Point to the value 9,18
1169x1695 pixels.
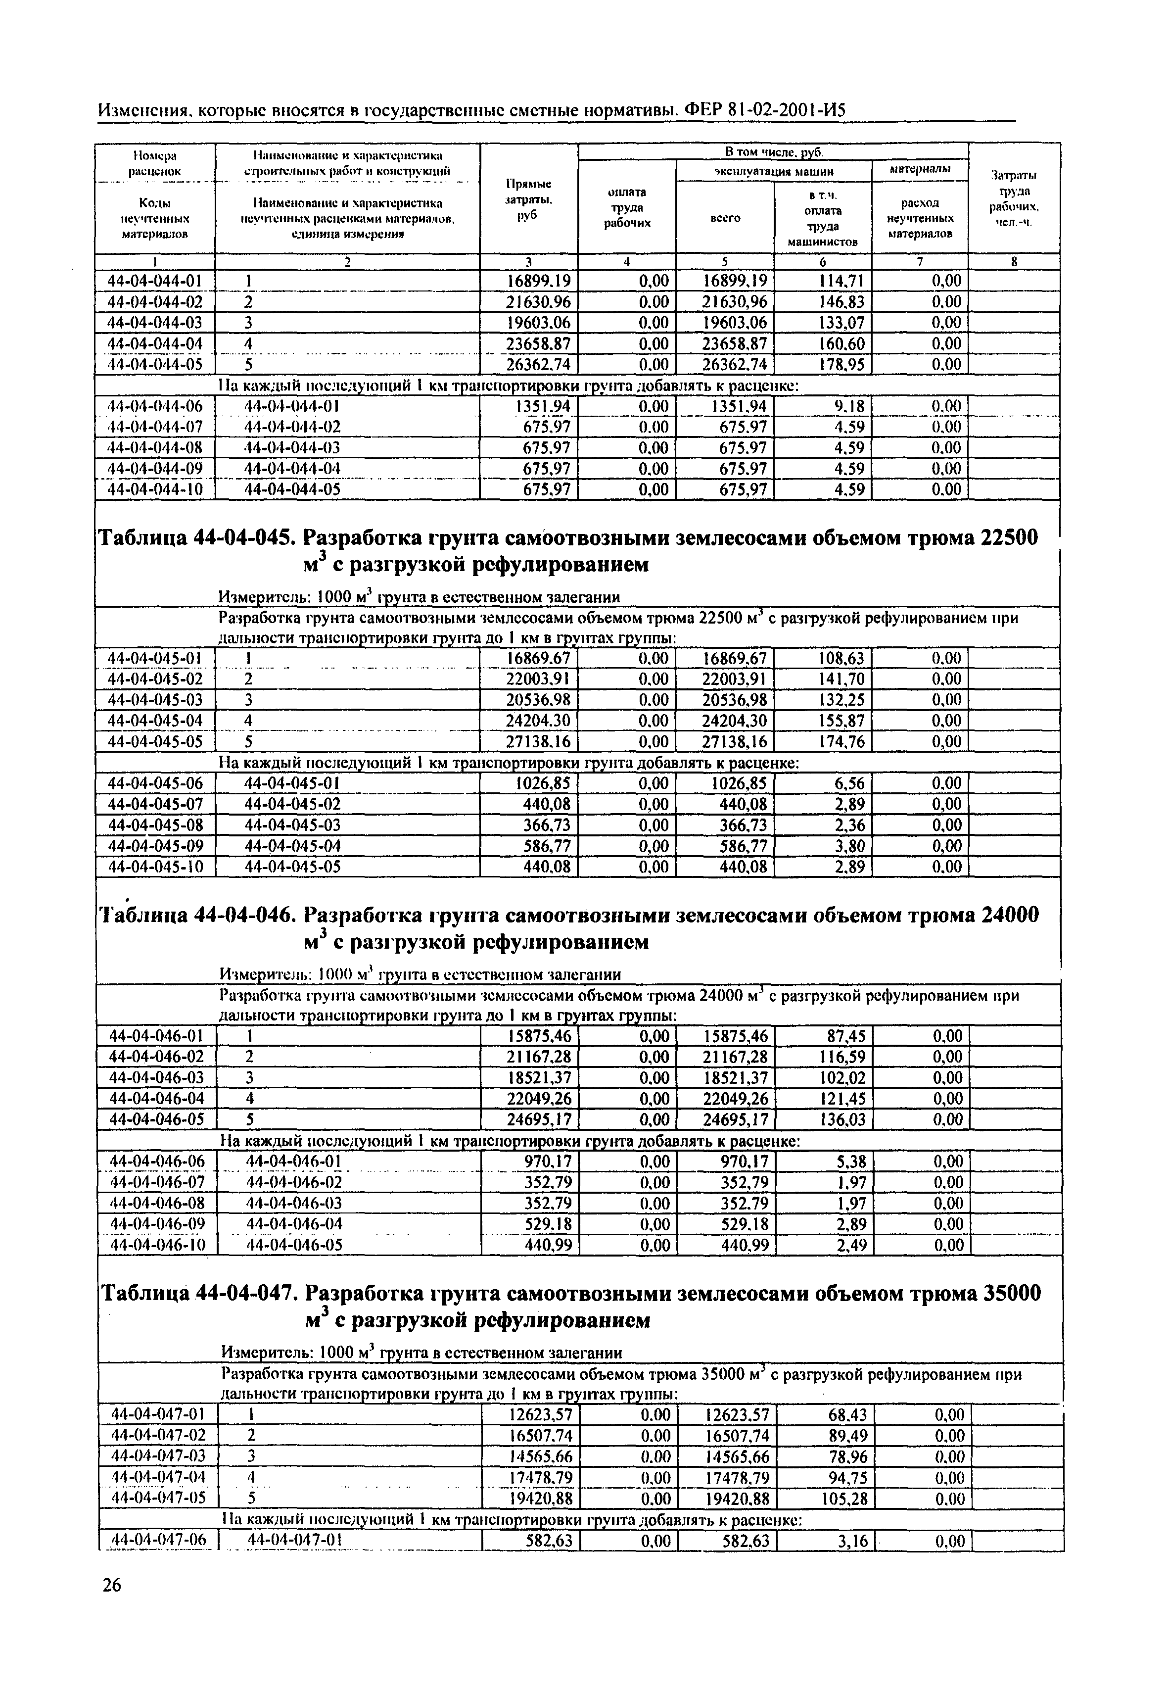(x=849, y=406)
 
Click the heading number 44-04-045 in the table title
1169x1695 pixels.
(x=243, y=538)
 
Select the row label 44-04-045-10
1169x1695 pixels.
(x=155, y=867)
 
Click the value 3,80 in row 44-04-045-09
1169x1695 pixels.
(x=849, y=847)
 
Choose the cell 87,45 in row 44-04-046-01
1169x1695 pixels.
(x=845, y=1036)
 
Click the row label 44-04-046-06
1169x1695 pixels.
(x=156, y=1162)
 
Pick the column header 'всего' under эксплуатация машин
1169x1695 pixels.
(x=725, y=218)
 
